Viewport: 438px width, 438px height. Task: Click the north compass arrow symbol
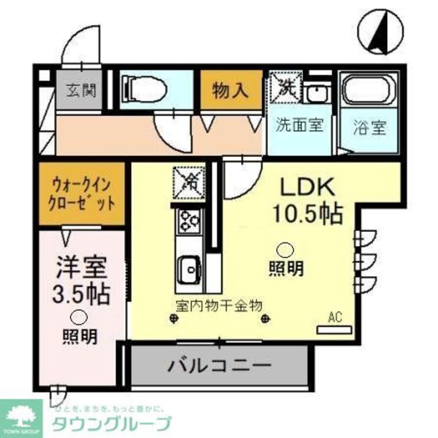[x=379, y=33]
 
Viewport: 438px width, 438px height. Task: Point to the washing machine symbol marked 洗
[x=285, y=85]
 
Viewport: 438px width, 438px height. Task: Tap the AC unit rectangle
[x=334, y=328]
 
